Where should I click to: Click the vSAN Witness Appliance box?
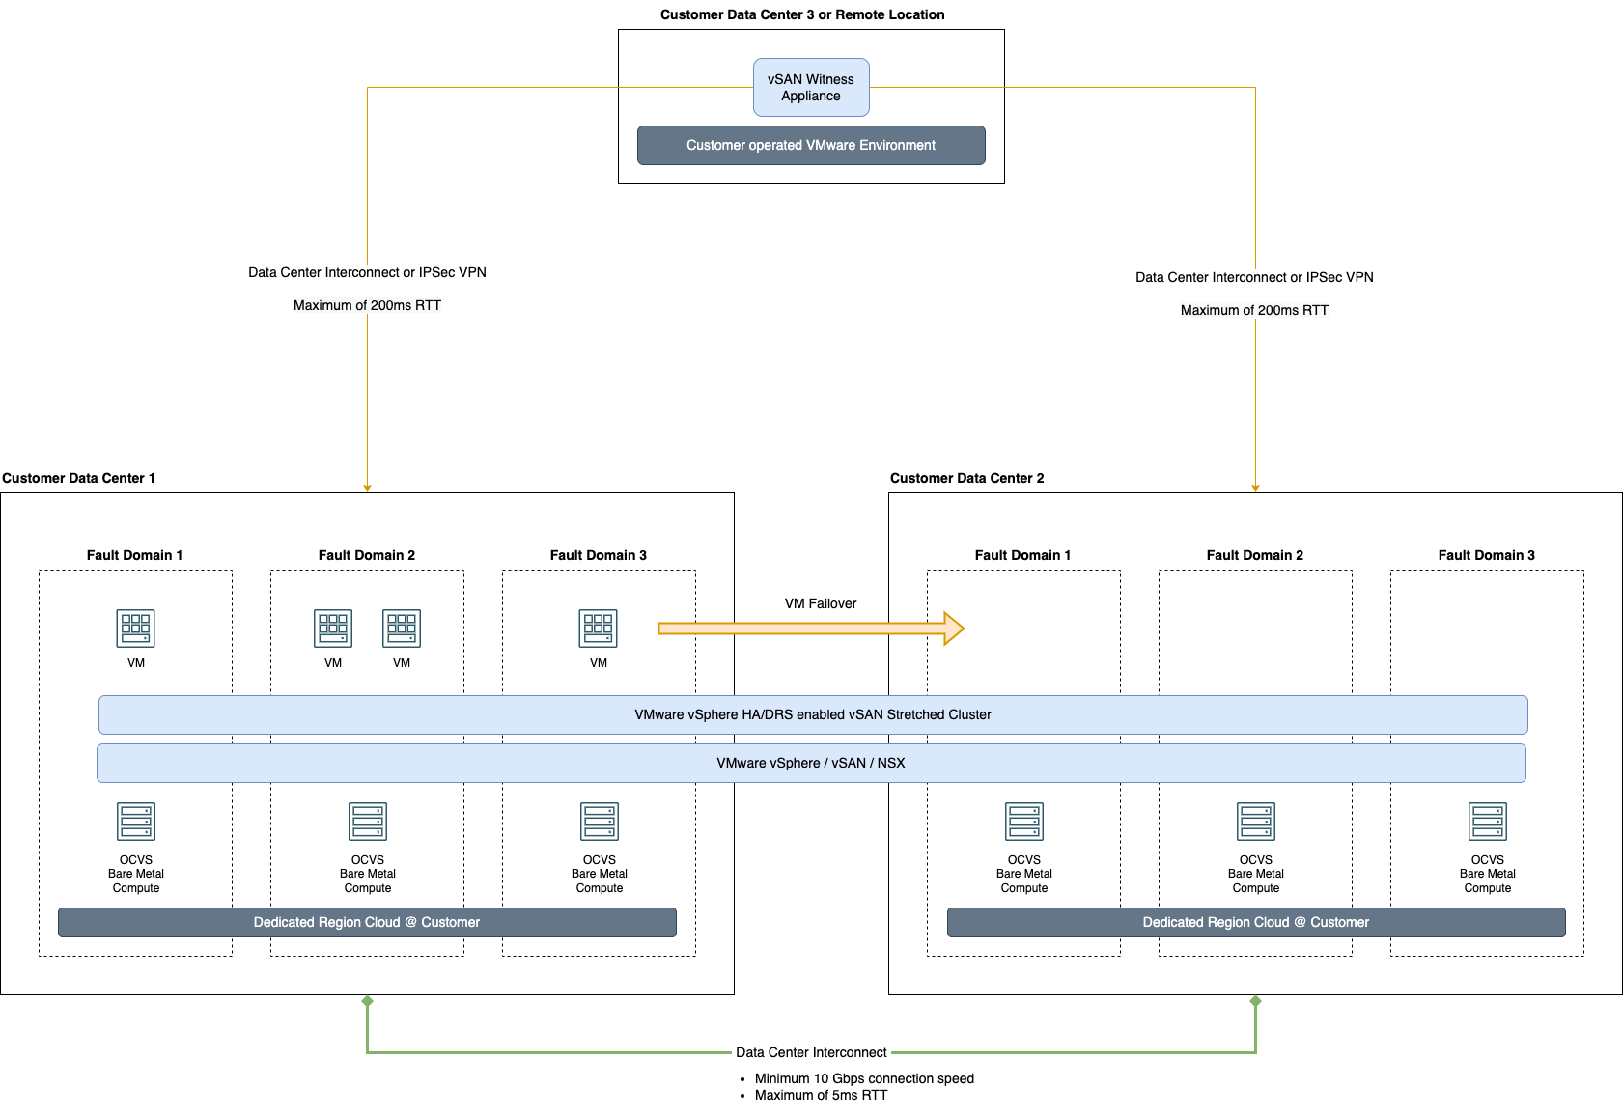pos(811,87)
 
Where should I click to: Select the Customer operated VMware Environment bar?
pos(811,145)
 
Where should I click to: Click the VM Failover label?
pos(820,603)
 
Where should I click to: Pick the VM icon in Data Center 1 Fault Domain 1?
pos(135,628)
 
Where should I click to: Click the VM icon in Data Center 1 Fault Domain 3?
pos(598,628)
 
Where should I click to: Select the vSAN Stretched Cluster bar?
pos(813,714)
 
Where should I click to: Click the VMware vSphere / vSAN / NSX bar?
pos(811,763)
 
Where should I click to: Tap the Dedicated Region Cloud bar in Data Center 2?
pos(1255,922)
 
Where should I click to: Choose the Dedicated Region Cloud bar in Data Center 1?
pos(367,922)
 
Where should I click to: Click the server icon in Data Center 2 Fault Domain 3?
pos(1487,822)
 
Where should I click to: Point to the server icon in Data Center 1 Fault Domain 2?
pos(368,822)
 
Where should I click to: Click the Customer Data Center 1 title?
pos(78,478)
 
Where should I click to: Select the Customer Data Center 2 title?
pos(966,478)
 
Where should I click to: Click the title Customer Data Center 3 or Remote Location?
pos(802,14)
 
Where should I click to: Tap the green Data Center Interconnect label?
pos(811,1052)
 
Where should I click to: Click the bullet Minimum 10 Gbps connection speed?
pos(864,1078)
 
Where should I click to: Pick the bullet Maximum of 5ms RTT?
pos(821,1095)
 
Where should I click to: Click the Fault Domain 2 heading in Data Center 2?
pos(1254,555)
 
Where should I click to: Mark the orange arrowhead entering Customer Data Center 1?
pos(367,488)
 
